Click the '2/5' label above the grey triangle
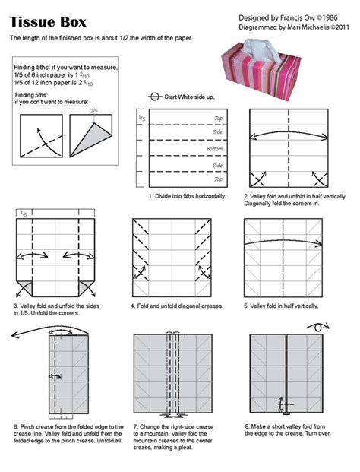tap(95, 111)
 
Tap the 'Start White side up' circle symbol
tap(155, 97)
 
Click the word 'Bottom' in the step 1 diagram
tap(217, 150)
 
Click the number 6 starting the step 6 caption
tap(14, 427)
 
